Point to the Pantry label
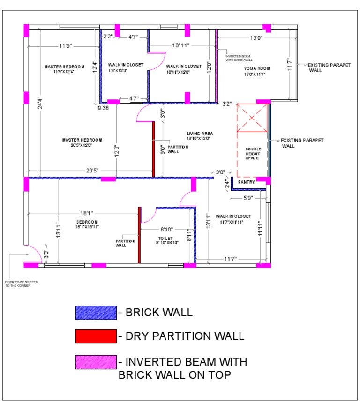247,182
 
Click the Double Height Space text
253,153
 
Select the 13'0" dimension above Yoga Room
256,38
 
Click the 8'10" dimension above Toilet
167,230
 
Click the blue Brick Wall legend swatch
96,313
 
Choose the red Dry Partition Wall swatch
96,336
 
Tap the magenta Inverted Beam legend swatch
96,362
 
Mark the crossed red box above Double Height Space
252,118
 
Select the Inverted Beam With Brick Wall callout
239,58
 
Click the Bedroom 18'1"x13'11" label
87,224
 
